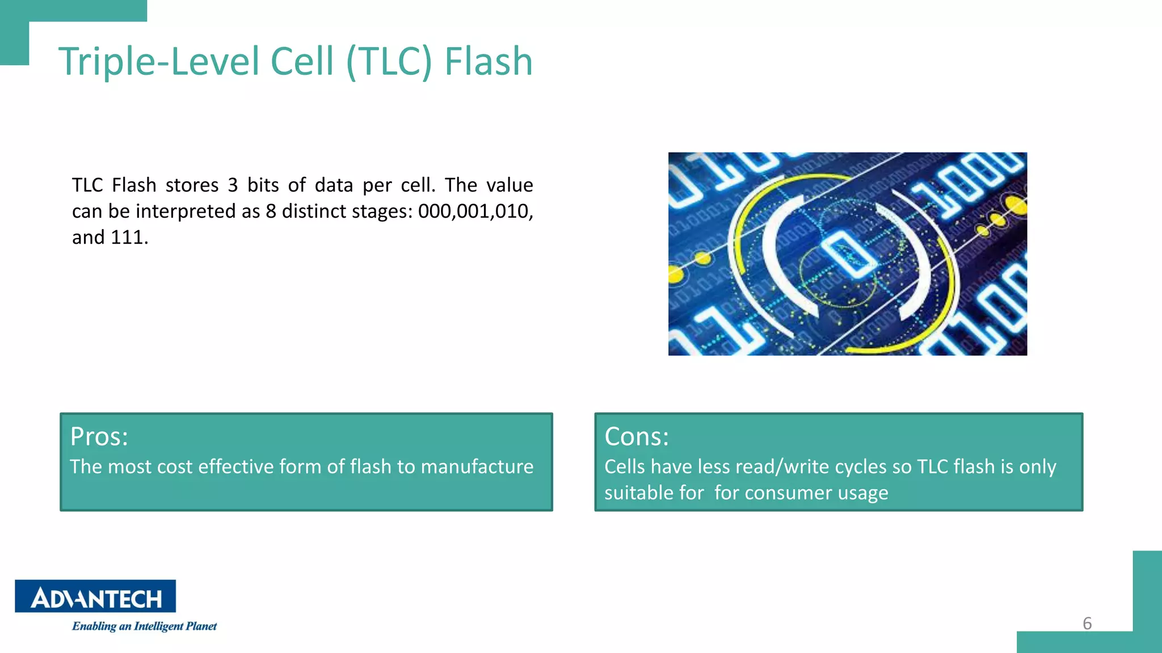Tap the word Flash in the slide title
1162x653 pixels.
[488, 61]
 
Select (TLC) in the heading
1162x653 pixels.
[389, 61]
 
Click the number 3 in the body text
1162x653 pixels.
[233, 185]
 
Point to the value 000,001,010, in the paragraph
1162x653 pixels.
[475, 211]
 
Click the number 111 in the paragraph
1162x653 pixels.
[127, 238]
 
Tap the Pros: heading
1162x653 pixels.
[99, 436]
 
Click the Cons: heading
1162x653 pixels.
[637, 436]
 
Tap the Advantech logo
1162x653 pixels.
[95, 596]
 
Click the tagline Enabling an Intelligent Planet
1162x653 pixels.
[144, 626]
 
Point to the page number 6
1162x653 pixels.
[1087, 624]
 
